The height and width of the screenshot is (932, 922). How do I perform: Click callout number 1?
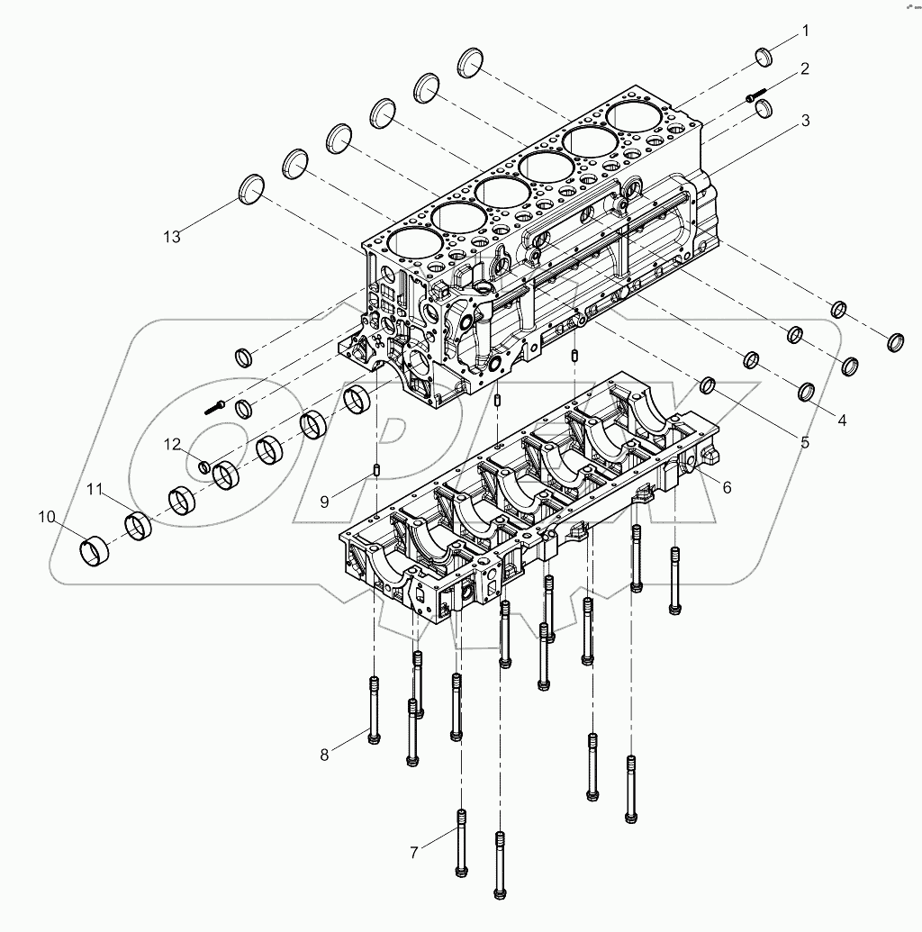coord(806,31)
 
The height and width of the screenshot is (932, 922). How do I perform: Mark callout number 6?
coord(726,486)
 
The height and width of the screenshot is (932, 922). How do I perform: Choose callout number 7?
coord(414,851)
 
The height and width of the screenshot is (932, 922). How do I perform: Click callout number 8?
coord(325,755)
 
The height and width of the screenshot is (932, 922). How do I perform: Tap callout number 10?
coord(47,517)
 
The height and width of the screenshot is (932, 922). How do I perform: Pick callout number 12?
coord(173,443)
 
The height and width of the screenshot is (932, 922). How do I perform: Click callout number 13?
coord(172,236)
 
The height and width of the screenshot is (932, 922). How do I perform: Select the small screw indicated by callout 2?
coord(755,94)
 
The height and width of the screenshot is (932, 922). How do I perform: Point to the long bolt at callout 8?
coord(375,710)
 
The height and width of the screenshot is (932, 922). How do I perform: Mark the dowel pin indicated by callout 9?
coord(379,470)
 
